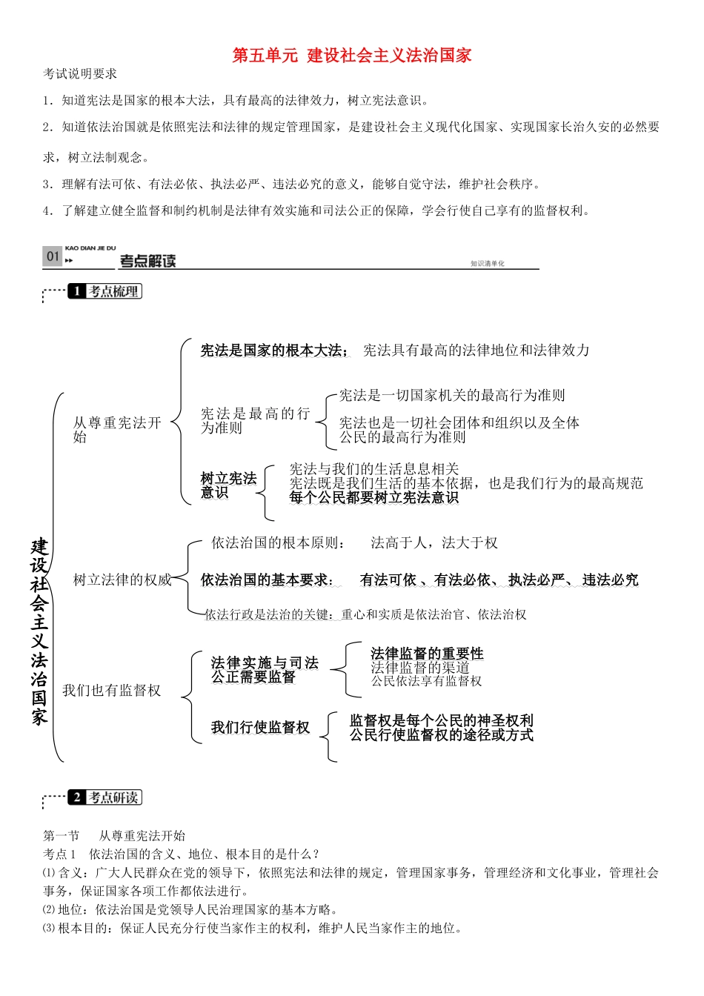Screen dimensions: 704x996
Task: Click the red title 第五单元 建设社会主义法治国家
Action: (x=352, y=56)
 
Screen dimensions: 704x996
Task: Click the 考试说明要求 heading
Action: (x=80, y=74)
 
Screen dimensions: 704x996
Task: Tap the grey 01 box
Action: (x=53, y=256)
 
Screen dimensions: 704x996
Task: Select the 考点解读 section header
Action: (x=148, y=261)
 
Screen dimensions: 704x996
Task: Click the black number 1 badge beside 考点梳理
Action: (x=77, y=291)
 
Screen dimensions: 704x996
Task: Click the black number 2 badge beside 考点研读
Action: (x=77, y=797)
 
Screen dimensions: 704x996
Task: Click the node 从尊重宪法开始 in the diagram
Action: (x=116, y=430)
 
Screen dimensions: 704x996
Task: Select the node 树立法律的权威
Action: (x=122, y=580)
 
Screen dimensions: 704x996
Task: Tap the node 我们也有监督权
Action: (x=112, y=691)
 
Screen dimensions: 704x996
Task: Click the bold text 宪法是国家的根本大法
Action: (x=273, y=351)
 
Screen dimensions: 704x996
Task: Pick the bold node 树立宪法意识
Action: (x=228, y=485)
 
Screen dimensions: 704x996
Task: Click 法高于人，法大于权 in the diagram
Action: (x=434, y=543)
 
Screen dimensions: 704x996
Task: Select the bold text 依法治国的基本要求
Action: (x=267, y=580)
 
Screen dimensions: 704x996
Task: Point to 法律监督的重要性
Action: (x=427, y=653)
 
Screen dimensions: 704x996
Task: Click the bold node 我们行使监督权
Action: (x=260, y=728)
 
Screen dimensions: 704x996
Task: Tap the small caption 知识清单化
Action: (x=487, y=264)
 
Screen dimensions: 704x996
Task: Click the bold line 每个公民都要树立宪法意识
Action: (x=373, y=498)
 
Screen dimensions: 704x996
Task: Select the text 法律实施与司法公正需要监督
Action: (x=265, y=670)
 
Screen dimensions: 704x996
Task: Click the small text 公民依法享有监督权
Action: (x=426, y=681)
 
